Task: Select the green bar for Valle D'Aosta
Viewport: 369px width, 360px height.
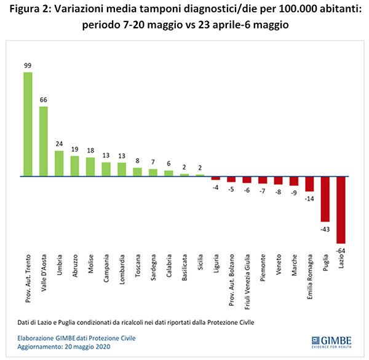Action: (43, 142)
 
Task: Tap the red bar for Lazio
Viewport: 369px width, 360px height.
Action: (341, 209)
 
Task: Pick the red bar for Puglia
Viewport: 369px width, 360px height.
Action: (325, 198)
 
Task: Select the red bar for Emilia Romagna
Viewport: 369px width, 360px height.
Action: (309, 183)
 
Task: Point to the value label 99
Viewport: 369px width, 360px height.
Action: (28, 66)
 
